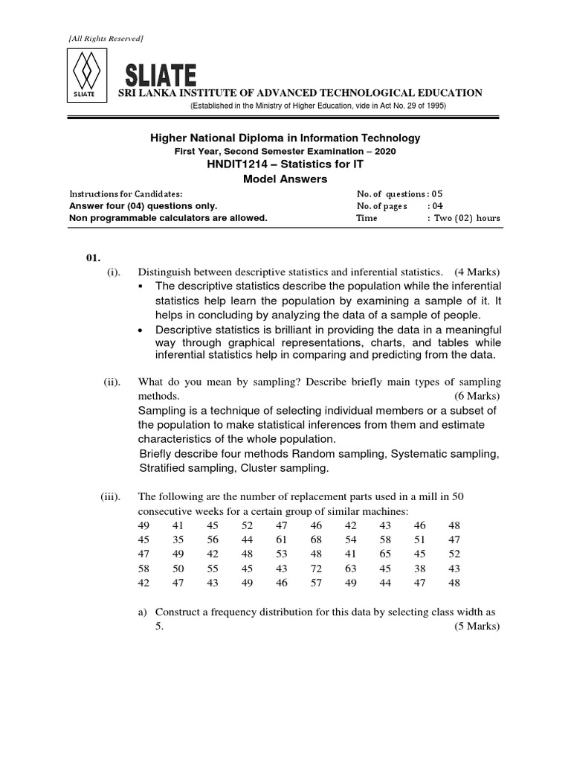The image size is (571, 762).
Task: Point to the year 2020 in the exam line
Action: click(x=384, y=151)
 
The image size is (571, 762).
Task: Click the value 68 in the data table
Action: click(x=316, y=540)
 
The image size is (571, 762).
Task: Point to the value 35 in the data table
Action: click(x=178, y=540)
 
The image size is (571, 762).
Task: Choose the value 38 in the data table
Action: click(x=420, y=569)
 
